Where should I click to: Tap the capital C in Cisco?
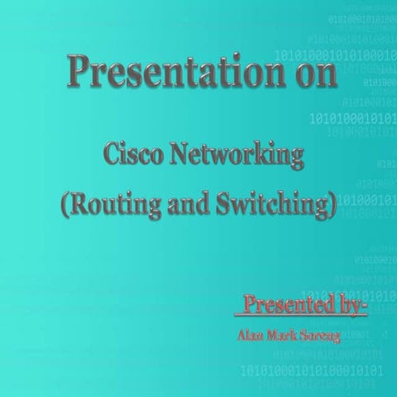point(109,155)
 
